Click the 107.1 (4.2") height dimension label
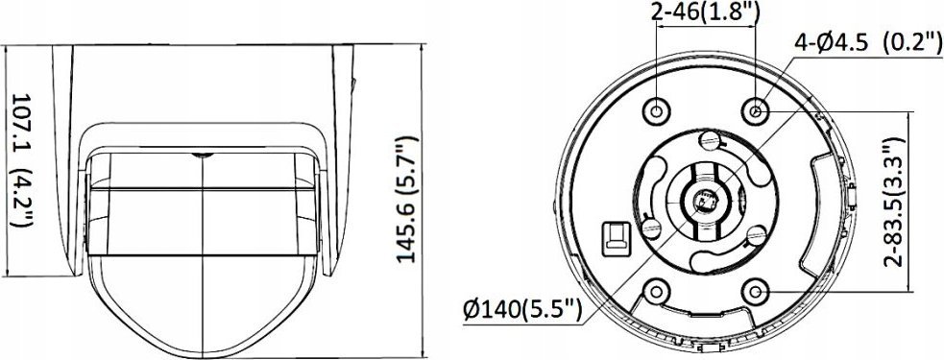pyautogui.click(x=22, y=160)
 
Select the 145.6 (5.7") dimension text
pyautogui.click(x=407, y=200)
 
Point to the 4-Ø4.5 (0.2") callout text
pyautogui.click(x=868, y=43)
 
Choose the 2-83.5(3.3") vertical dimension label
pyautogui.click(x=895, y=202)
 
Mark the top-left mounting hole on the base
pyautogui.click(x=656, y=110)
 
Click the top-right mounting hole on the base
pyautogui.click(x=756, y=111)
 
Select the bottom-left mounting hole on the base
pyautogui.click(x=656, y=292)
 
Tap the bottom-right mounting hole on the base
pyautogui.click(x=755, y=293)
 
